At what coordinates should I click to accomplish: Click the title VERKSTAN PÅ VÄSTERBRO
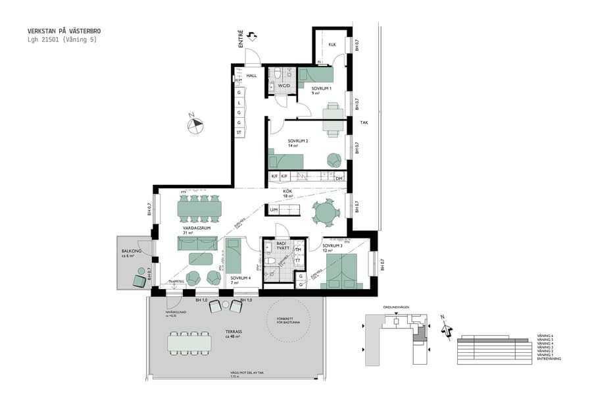(x=64, y=31)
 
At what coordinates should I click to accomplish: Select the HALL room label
(x=251, y=76)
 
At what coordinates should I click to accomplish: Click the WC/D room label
(x=284, y=86)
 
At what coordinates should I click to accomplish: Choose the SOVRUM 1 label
(x=321, y=88)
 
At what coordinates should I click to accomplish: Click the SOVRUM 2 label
(x=297, y=141)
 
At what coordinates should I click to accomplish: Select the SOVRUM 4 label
(x=239, y=278)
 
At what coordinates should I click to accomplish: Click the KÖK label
(x=287, y=191)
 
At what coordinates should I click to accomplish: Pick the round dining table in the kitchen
(x=325, y=213)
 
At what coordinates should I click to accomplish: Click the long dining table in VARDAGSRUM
(x=199, y=209)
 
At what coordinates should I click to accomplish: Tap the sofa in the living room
(x=197, y=244)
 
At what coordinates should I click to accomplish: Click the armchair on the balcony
(x=139, y=281)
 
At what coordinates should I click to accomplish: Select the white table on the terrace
(x=189, y=343)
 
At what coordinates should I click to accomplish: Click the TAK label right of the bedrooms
(x=364, y=122)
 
